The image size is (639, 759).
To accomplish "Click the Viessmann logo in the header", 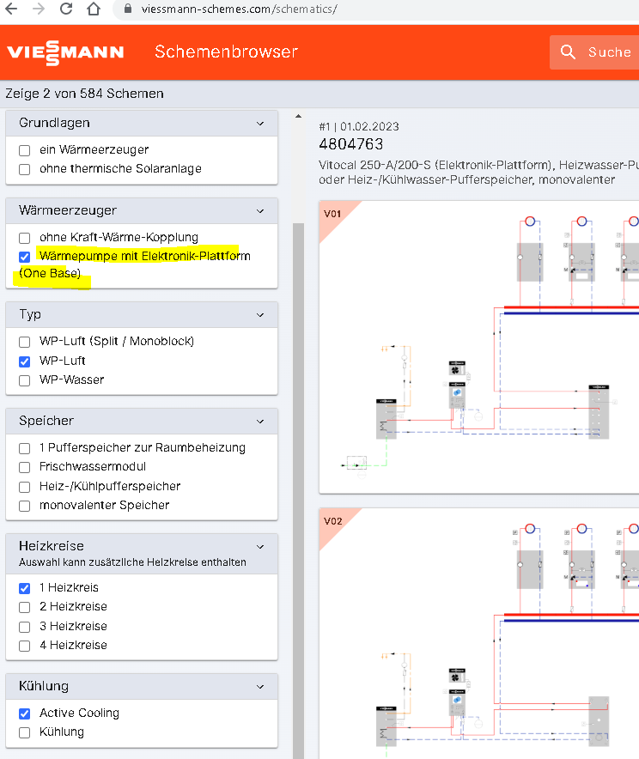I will click(x=65, y=53).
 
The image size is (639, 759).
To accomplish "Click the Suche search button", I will click(x=594, y=52).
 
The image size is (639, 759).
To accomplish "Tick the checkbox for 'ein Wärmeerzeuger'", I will click(x=25, y=150).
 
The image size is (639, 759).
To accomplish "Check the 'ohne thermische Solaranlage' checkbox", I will click(x=25, y=169).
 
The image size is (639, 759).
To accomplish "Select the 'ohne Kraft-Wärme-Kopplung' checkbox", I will click(x=25, y=238).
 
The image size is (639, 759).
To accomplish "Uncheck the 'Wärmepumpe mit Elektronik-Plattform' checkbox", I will click(x=25, y=257).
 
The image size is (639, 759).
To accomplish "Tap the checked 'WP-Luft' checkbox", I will click(x=25, y=361).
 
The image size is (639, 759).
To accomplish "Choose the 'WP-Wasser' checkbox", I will click(x=25, y=380).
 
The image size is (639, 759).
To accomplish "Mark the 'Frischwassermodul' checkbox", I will click(x=25, y=467).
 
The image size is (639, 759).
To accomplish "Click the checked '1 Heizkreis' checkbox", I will click(x=25, y=588).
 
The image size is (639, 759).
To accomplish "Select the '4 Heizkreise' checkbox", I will click(x=25, y=646).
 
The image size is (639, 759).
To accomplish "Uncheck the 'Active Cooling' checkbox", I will click(x=25, y=713).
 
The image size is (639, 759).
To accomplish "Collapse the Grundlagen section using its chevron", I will click(x=260, y=124).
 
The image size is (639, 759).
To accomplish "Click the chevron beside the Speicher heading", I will click(x=260, y=421).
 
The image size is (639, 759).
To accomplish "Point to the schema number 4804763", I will click(x=350, y=144).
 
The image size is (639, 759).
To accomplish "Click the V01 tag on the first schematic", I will click(x=332, y=214).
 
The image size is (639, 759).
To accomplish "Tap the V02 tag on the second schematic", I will click(x=332, y=521).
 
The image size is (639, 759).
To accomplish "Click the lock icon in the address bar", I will click(x=128, y=9).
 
